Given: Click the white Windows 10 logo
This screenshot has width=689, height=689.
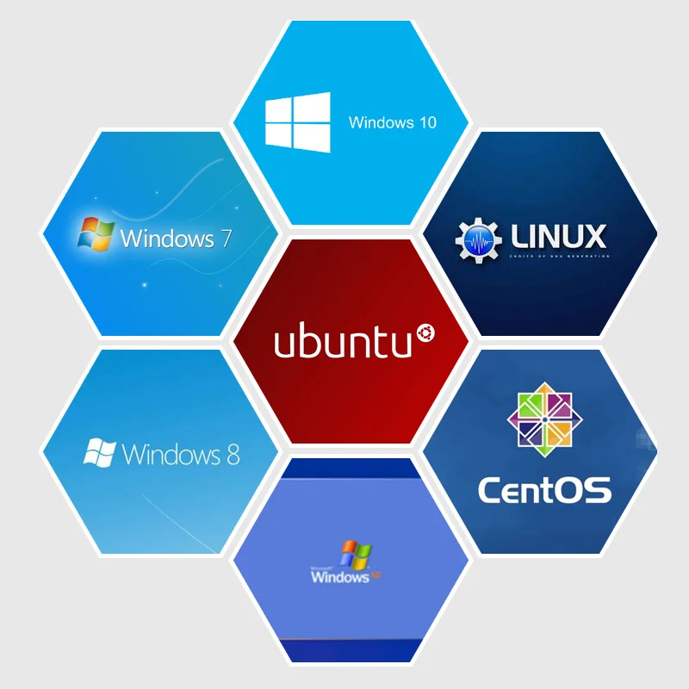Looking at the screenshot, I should pyautogui.click(x=297, y=123).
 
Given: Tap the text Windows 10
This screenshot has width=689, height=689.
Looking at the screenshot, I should pyautogui.click(x=392, y=122).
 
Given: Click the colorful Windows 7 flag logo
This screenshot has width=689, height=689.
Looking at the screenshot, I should pyautogui.click(x=96, y=233).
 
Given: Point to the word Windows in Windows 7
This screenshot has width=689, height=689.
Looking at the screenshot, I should pyautogui.click(x=168, y=238).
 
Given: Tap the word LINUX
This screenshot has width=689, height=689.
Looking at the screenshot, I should pyautogui.click(x=558, y=236).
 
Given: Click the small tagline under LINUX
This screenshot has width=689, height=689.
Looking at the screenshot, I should pyautogui.click(x=559, y=256).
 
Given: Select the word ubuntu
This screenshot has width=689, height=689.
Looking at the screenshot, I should pyautogui.click(x=342, y=342).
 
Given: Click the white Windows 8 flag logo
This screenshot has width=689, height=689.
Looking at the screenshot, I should pyautogui.click(x=100, y=452).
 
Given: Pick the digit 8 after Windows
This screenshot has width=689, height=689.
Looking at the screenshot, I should pyautogui.click(x=233, y=454).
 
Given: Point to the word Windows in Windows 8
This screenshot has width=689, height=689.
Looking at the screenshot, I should pyautogui.click(x=172, y=454).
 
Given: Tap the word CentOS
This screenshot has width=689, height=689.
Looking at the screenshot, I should pyautogui.click(x=544, y=489).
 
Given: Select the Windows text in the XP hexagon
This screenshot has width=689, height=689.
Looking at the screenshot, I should pyautogui.click(x=339, y=576).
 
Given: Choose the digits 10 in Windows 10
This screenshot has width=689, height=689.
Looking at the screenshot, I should pyautogui.click(x=427, y=122).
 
